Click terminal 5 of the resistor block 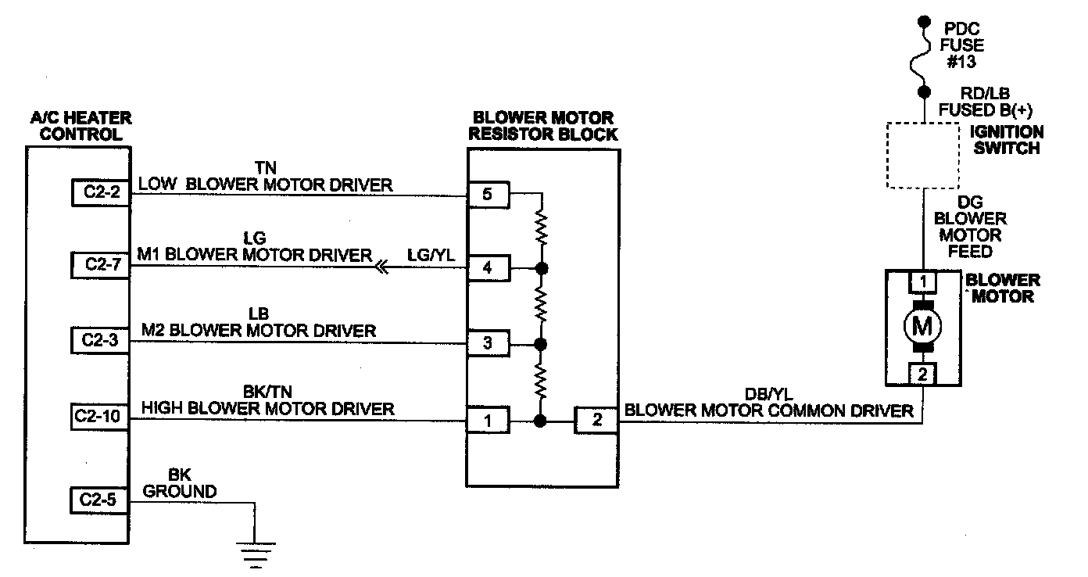click(x=487, y=195)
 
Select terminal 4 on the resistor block click(x=487, y=268)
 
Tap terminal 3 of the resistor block click(x=487, y=343)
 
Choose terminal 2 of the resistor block click(x=596, y=421)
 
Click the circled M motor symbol click(x=922, y=324)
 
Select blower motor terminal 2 click(x=922, y=375)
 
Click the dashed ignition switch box click(x=922, y=155)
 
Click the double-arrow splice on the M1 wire click(x=381, y=268)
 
